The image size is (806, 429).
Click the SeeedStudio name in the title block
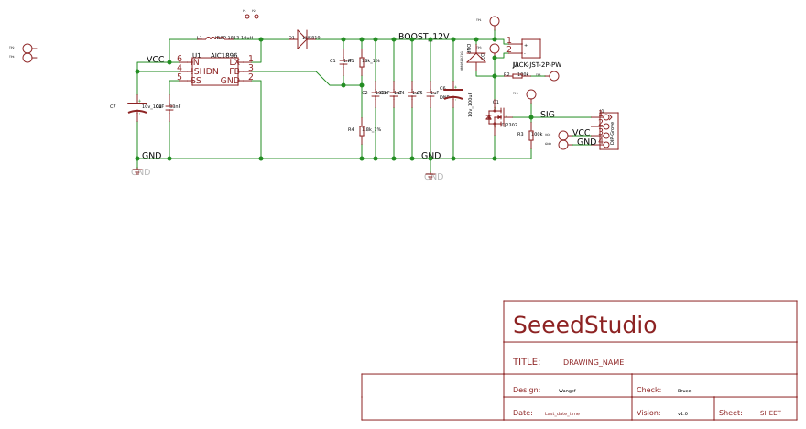tap(584, 325)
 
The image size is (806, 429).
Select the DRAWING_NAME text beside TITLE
tap(593, 363)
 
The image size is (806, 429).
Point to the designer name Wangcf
tap(567, 390)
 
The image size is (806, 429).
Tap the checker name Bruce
tap(684, 390)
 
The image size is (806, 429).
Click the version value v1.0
tap(682, 413)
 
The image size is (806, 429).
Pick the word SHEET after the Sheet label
tap(770, 413)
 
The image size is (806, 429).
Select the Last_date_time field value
tap(561, 413)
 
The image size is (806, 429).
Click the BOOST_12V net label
tap(423, 37)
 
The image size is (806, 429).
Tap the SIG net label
tap(547, 115)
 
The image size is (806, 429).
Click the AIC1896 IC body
tap(215, 71)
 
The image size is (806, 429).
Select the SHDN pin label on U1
tap(206, 71)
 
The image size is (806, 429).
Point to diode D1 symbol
tap(302, 39)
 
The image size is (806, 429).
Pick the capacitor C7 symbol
tap(137, 107)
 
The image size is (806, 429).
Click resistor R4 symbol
tap(362, 130)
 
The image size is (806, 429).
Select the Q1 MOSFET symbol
tap(496, 117)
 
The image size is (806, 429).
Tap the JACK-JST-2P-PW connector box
tap(530, 48)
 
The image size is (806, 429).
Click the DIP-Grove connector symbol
tap(609, 130)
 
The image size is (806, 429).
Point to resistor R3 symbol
tap(531, 135)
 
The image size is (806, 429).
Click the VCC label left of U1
tap(155, 60)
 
